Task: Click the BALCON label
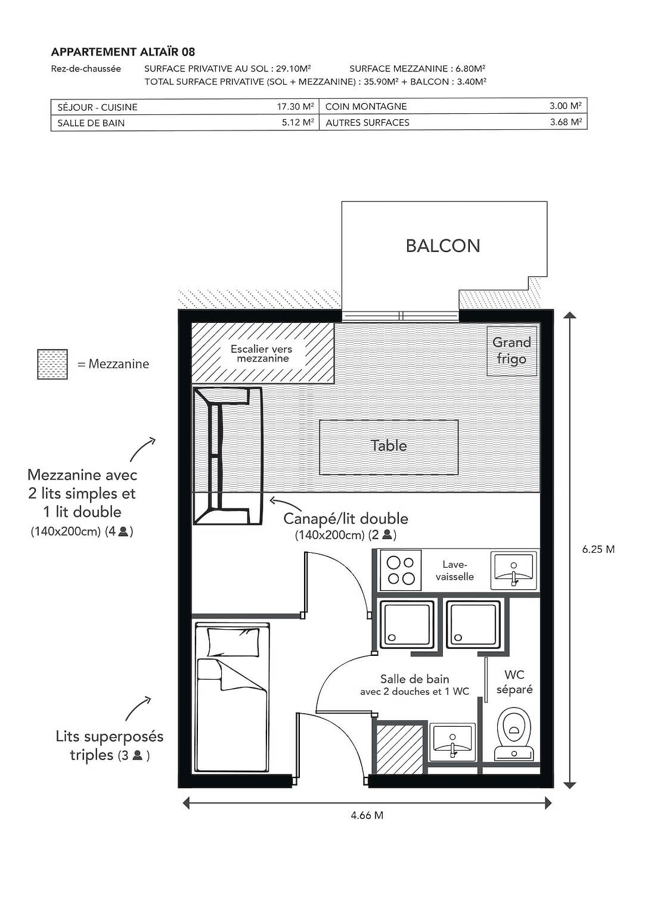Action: pos(442,246)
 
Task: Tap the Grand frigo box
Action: pos(511,351)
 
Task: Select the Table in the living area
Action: pos(389,446)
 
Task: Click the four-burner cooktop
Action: pos(401,570)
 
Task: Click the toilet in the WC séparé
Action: pos(514,733)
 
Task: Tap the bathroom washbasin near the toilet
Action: pos(452,742)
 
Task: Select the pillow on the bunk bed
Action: pos(234,642)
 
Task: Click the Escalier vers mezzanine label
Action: pos(262,354)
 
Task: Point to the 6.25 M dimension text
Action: pos(598,549)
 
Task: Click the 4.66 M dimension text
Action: pos(367,816)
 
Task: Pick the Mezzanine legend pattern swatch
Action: pos(52,364)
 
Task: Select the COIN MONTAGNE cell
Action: pos(366,107)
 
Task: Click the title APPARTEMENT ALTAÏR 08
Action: pos(123,52)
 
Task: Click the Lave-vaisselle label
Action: pos(455,571)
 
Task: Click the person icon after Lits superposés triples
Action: pos(137,755)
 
